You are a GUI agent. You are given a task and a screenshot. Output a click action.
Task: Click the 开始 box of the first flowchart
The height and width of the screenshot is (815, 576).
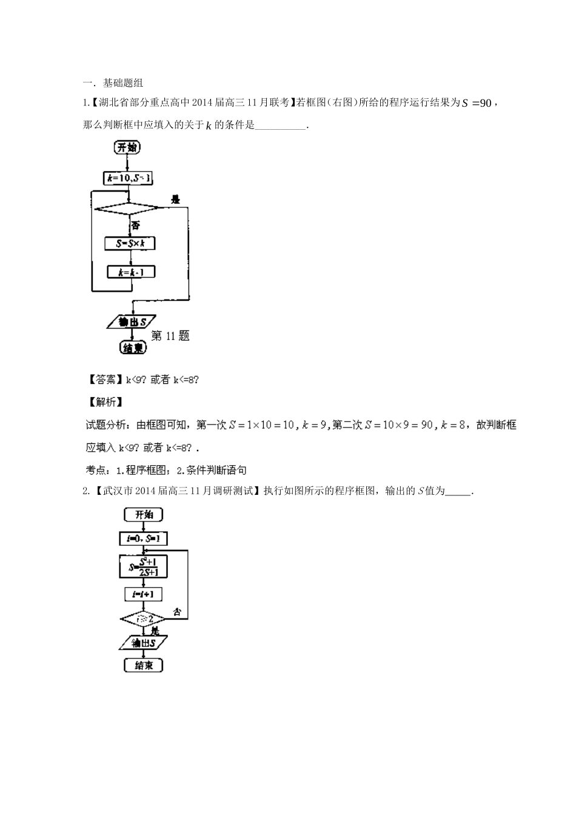(x=127, y=147)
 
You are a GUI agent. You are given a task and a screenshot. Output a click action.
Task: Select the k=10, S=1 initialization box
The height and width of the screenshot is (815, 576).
(x=128, y=178)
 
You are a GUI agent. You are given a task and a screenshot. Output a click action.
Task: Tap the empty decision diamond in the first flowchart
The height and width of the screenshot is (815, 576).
(x=128, y=208)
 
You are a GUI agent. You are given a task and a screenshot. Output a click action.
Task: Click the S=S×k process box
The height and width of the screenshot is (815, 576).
(x=130, y=243)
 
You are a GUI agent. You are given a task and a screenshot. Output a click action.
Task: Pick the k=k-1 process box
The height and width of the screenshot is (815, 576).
(x=131, y=272)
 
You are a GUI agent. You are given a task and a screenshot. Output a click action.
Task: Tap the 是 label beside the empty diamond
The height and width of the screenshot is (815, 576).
(x=176, y=199)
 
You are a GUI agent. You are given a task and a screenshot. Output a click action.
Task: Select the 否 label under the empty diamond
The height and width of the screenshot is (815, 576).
(x=136, y=225)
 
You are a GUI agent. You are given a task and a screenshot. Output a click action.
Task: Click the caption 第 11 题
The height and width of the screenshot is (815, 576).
(x=170, y=336)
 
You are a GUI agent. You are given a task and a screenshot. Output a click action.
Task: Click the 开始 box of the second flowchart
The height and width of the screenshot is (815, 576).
(x=144, y=515)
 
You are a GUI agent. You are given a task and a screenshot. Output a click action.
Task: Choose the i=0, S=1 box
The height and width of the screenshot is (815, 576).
(x=143, y=538)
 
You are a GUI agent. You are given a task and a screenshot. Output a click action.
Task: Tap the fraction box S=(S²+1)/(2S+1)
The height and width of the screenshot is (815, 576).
(x=143, y=566)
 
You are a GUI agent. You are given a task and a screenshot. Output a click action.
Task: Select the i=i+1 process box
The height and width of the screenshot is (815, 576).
(x=143, y=595)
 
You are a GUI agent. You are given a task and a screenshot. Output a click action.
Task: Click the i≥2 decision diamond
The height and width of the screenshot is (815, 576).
(x=144, y=619)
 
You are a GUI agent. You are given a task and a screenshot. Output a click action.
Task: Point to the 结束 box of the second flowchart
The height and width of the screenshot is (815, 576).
(x=144, y=665)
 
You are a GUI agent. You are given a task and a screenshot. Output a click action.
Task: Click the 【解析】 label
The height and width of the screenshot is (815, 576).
(x=104, y=402)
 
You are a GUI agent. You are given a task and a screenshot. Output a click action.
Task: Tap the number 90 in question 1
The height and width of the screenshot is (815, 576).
(x=485, y=103)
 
